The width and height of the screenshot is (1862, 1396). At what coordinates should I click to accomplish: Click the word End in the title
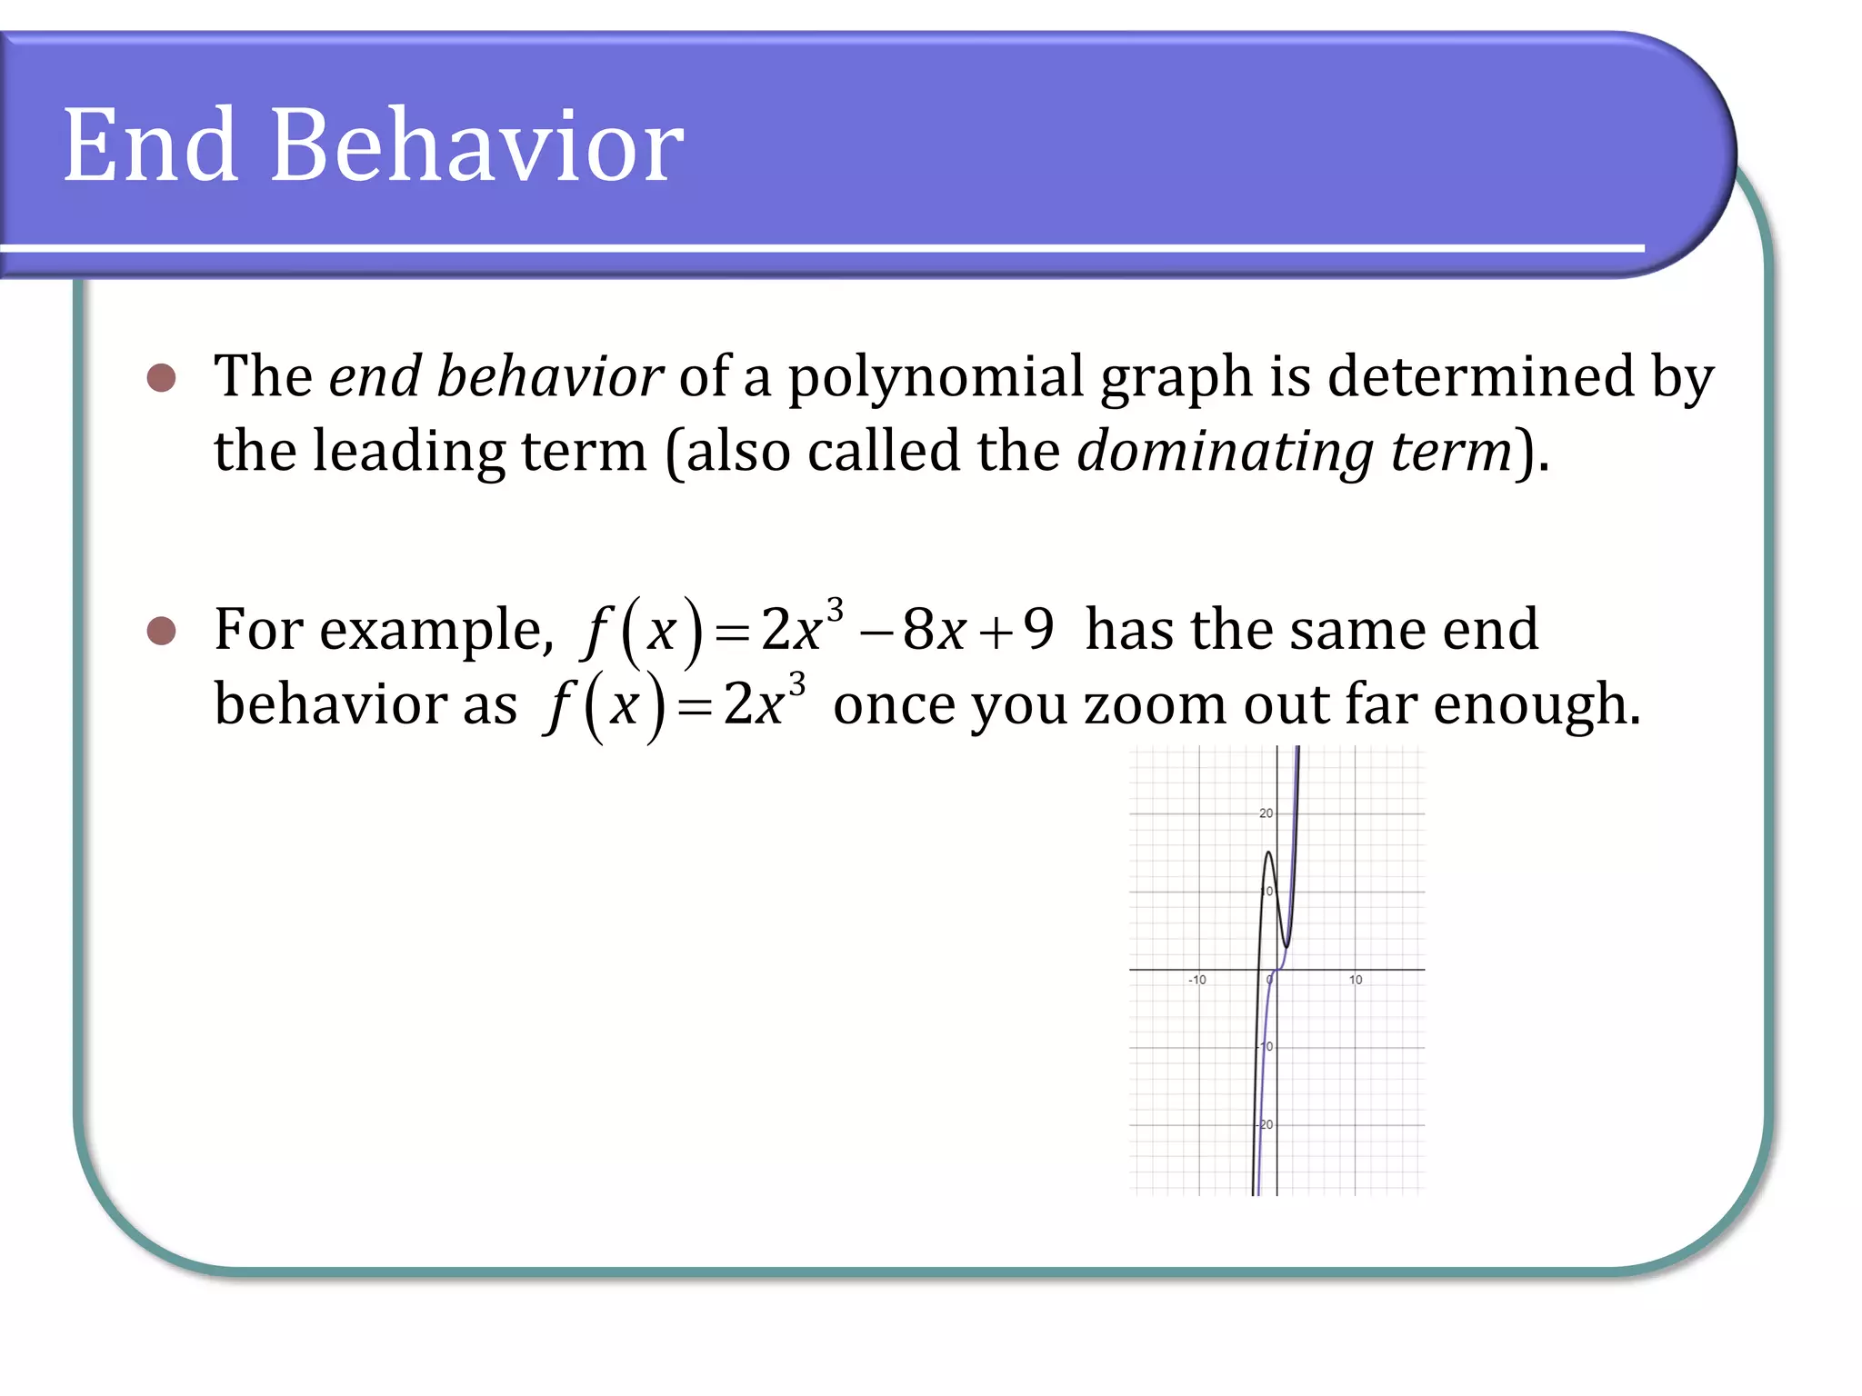[151, 145]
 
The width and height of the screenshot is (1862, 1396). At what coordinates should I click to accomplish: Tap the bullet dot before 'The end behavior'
[161, 377]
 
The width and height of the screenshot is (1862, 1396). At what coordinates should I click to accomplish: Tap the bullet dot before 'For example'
[161, 630]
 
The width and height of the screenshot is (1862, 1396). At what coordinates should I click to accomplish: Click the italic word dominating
[1224, 452]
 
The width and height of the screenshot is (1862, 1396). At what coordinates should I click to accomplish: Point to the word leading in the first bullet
[408, 452]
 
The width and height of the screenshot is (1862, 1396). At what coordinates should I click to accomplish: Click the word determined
[1481, 377]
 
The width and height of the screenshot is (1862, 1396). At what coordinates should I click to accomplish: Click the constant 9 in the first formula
[1038, 628]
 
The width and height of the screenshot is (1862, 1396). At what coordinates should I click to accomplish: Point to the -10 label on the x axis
[1196, 980]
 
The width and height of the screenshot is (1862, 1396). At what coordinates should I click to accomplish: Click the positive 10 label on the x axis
[1355, 980]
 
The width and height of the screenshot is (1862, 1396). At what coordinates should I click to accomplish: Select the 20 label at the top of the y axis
[1266, 813]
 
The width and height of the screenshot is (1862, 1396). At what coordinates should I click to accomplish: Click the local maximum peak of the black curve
[1268, 853]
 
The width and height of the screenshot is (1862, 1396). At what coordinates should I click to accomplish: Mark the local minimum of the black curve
[1286, 947]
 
